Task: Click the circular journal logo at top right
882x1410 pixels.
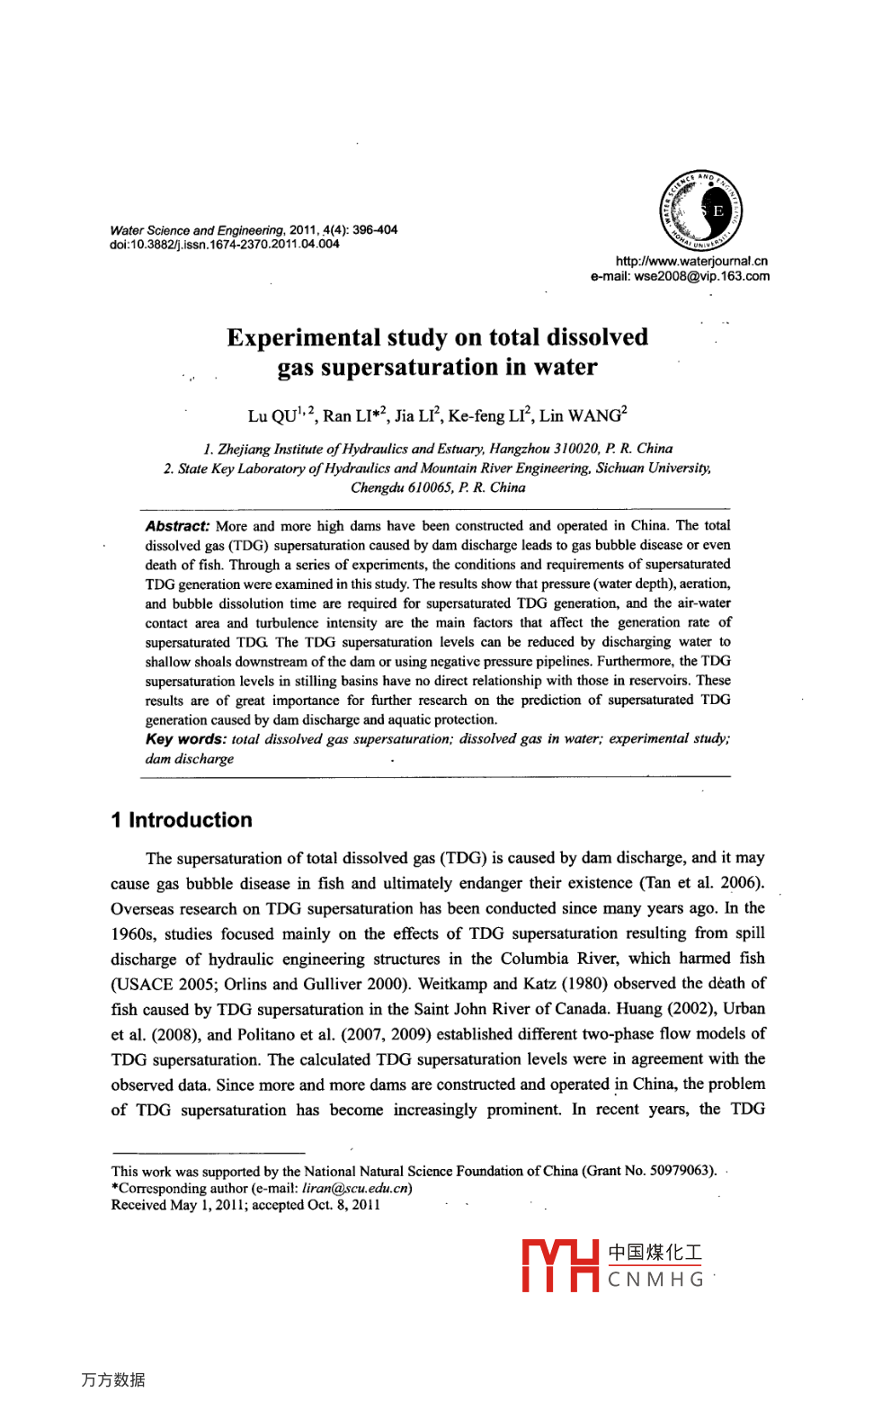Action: click(x=701, y=211)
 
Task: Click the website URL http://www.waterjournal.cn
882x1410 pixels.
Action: click(x=691, y=262)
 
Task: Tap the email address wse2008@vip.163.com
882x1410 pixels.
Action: click(x=701, y=277)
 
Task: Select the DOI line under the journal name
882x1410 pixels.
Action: click(x=225, y=245)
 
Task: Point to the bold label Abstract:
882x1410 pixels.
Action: click(x=177, y=526)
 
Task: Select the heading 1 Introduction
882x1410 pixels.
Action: click(x=182, y=820)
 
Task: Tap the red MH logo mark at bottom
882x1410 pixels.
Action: click(x=560, y=1266)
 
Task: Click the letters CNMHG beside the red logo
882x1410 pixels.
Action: click(x=655, y=1280)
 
